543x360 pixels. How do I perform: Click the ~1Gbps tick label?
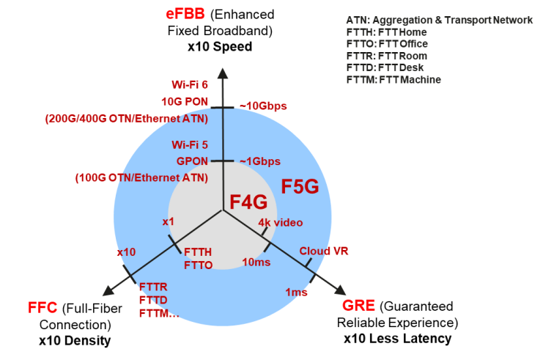[260, 161]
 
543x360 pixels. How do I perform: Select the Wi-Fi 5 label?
[189, 144]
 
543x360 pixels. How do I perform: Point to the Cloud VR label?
[324, 251]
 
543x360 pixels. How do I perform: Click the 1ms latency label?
[296, 292]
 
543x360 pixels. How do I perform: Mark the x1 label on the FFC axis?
[168, 221]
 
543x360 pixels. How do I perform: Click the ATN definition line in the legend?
[440, 21]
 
